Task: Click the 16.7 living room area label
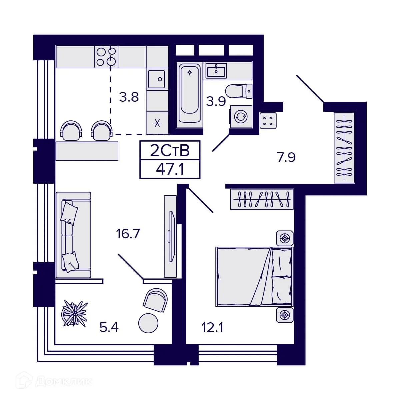pos(128,234)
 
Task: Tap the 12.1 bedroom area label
pos(212,328)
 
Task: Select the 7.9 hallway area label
pos(286,157)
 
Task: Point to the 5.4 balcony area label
pos(109,328)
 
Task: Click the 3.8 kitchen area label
pos(129,98)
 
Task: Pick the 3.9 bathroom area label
pos(216,101)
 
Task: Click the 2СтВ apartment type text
pos(170,151)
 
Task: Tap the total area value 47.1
pos(170,169)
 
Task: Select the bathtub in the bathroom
pos(190,93)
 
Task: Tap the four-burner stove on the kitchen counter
pos(106,56)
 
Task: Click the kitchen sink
pos(157,79)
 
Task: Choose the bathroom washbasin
pos(216,70)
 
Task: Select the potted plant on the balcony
pos(75,313)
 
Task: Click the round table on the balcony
pos(148,323)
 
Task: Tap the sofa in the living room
pos(73,235)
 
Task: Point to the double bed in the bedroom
pos(254,276)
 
